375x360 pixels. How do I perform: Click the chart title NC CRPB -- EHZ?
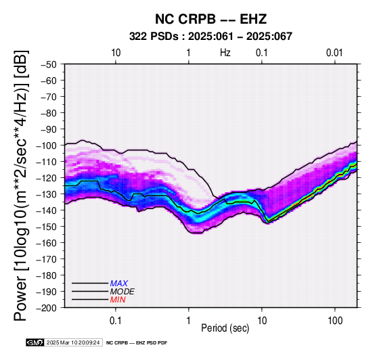(211, 19)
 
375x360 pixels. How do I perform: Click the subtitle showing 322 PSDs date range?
(211, 37)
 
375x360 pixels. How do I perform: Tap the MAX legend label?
(119, 284)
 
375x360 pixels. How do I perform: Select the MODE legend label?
(123, 292)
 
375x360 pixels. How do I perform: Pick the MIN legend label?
(118, 300)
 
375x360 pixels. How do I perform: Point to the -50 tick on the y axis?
(48, 64)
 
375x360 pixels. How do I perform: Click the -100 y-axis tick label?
(46, 145)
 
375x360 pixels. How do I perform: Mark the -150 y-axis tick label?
(46, 227)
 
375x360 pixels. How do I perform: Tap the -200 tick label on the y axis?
(46, 308)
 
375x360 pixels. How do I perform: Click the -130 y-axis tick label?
(46, 194)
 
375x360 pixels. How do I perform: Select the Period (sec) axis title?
(225, 328)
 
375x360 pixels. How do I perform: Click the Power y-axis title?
(20, 185)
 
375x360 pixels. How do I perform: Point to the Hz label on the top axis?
(225, 53)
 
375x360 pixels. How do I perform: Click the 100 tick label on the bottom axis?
(335, 321)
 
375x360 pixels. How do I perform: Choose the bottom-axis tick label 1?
(188, 321)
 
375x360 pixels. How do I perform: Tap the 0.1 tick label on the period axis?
(116, 321)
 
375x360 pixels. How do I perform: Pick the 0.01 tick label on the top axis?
(334, 53)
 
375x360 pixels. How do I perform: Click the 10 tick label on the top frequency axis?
(116, 53)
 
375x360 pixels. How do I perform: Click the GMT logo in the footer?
(35, 342)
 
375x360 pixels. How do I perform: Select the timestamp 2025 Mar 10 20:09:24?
(73, 342)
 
